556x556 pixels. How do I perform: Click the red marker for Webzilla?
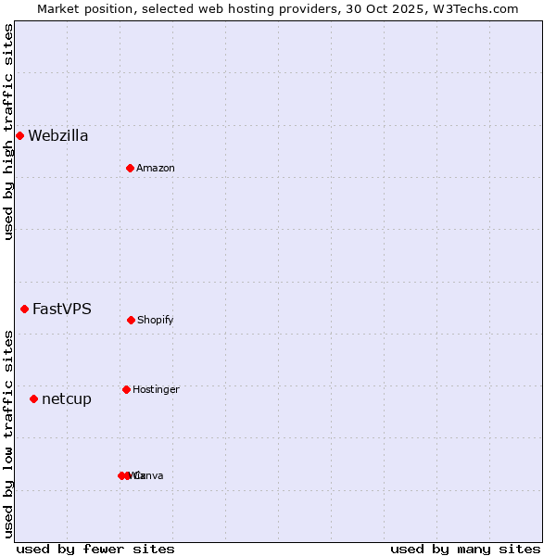tap(19, 136)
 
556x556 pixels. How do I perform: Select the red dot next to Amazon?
tap(130, 168)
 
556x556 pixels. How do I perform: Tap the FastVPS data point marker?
tap(24, 309)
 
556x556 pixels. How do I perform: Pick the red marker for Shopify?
tap(131, 320)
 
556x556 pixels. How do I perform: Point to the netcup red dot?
tap(33, 398)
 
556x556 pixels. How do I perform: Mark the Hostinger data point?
tap(126, 389)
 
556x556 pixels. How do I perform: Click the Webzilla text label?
tap(58, 136)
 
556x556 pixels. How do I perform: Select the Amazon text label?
tap(156, 169)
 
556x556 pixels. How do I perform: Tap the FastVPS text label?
tap(62, 310)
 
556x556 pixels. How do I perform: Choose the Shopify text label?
tap(156, 321)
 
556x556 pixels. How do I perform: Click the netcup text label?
tap(67, 399)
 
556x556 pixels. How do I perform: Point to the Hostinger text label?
tap(156, 390)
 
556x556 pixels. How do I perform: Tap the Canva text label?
tap(149, 476)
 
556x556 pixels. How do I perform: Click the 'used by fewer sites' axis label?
tap(95, 549)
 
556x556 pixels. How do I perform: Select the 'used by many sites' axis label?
tap(465, 549)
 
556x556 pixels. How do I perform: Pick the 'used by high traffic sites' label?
tap(8, 132)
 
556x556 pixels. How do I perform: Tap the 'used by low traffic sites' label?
tap(8, 434)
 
